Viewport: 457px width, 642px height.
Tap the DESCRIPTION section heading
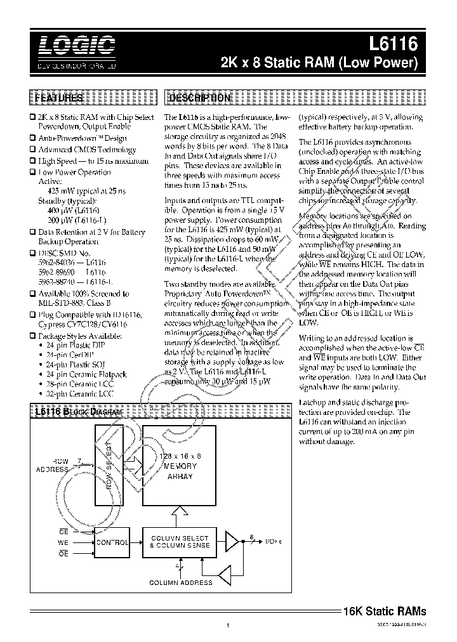198,98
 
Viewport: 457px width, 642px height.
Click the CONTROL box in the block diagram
112,542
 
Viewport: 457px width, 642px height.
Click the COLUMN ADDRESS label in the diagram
181,582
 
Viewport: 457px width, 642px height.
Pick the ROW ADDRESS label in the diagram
52,465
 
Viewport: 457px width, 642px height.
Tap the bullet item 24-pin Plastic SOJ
83,365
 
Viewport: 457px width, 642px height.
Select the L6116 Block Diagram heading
77,412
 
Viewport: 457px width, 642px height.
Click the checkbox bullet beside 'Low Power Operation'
32,172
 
